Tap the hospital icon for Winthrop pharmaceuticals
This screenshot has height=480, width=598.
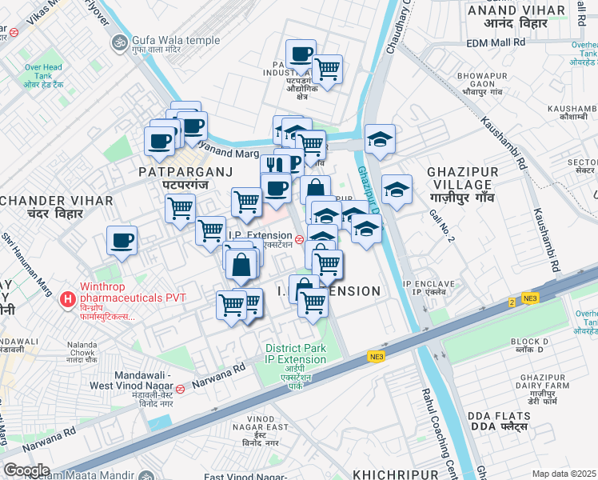[70, 299]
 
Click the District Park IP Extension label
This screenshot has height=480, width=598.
[296, 353]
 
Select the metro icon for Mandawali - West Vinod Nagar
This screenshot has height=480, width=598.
[181, 390]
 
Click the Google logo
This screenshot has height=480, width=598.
[27, 470]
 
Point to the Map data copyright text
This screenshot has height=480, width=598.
[564, 474]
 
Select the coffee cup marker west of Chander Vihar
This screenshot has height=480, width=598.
[122, 240]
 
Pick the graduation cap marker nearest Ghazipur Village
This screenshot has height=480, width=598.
[397, 190]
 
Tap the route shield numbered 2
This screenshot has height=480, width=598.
[512, 302]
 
